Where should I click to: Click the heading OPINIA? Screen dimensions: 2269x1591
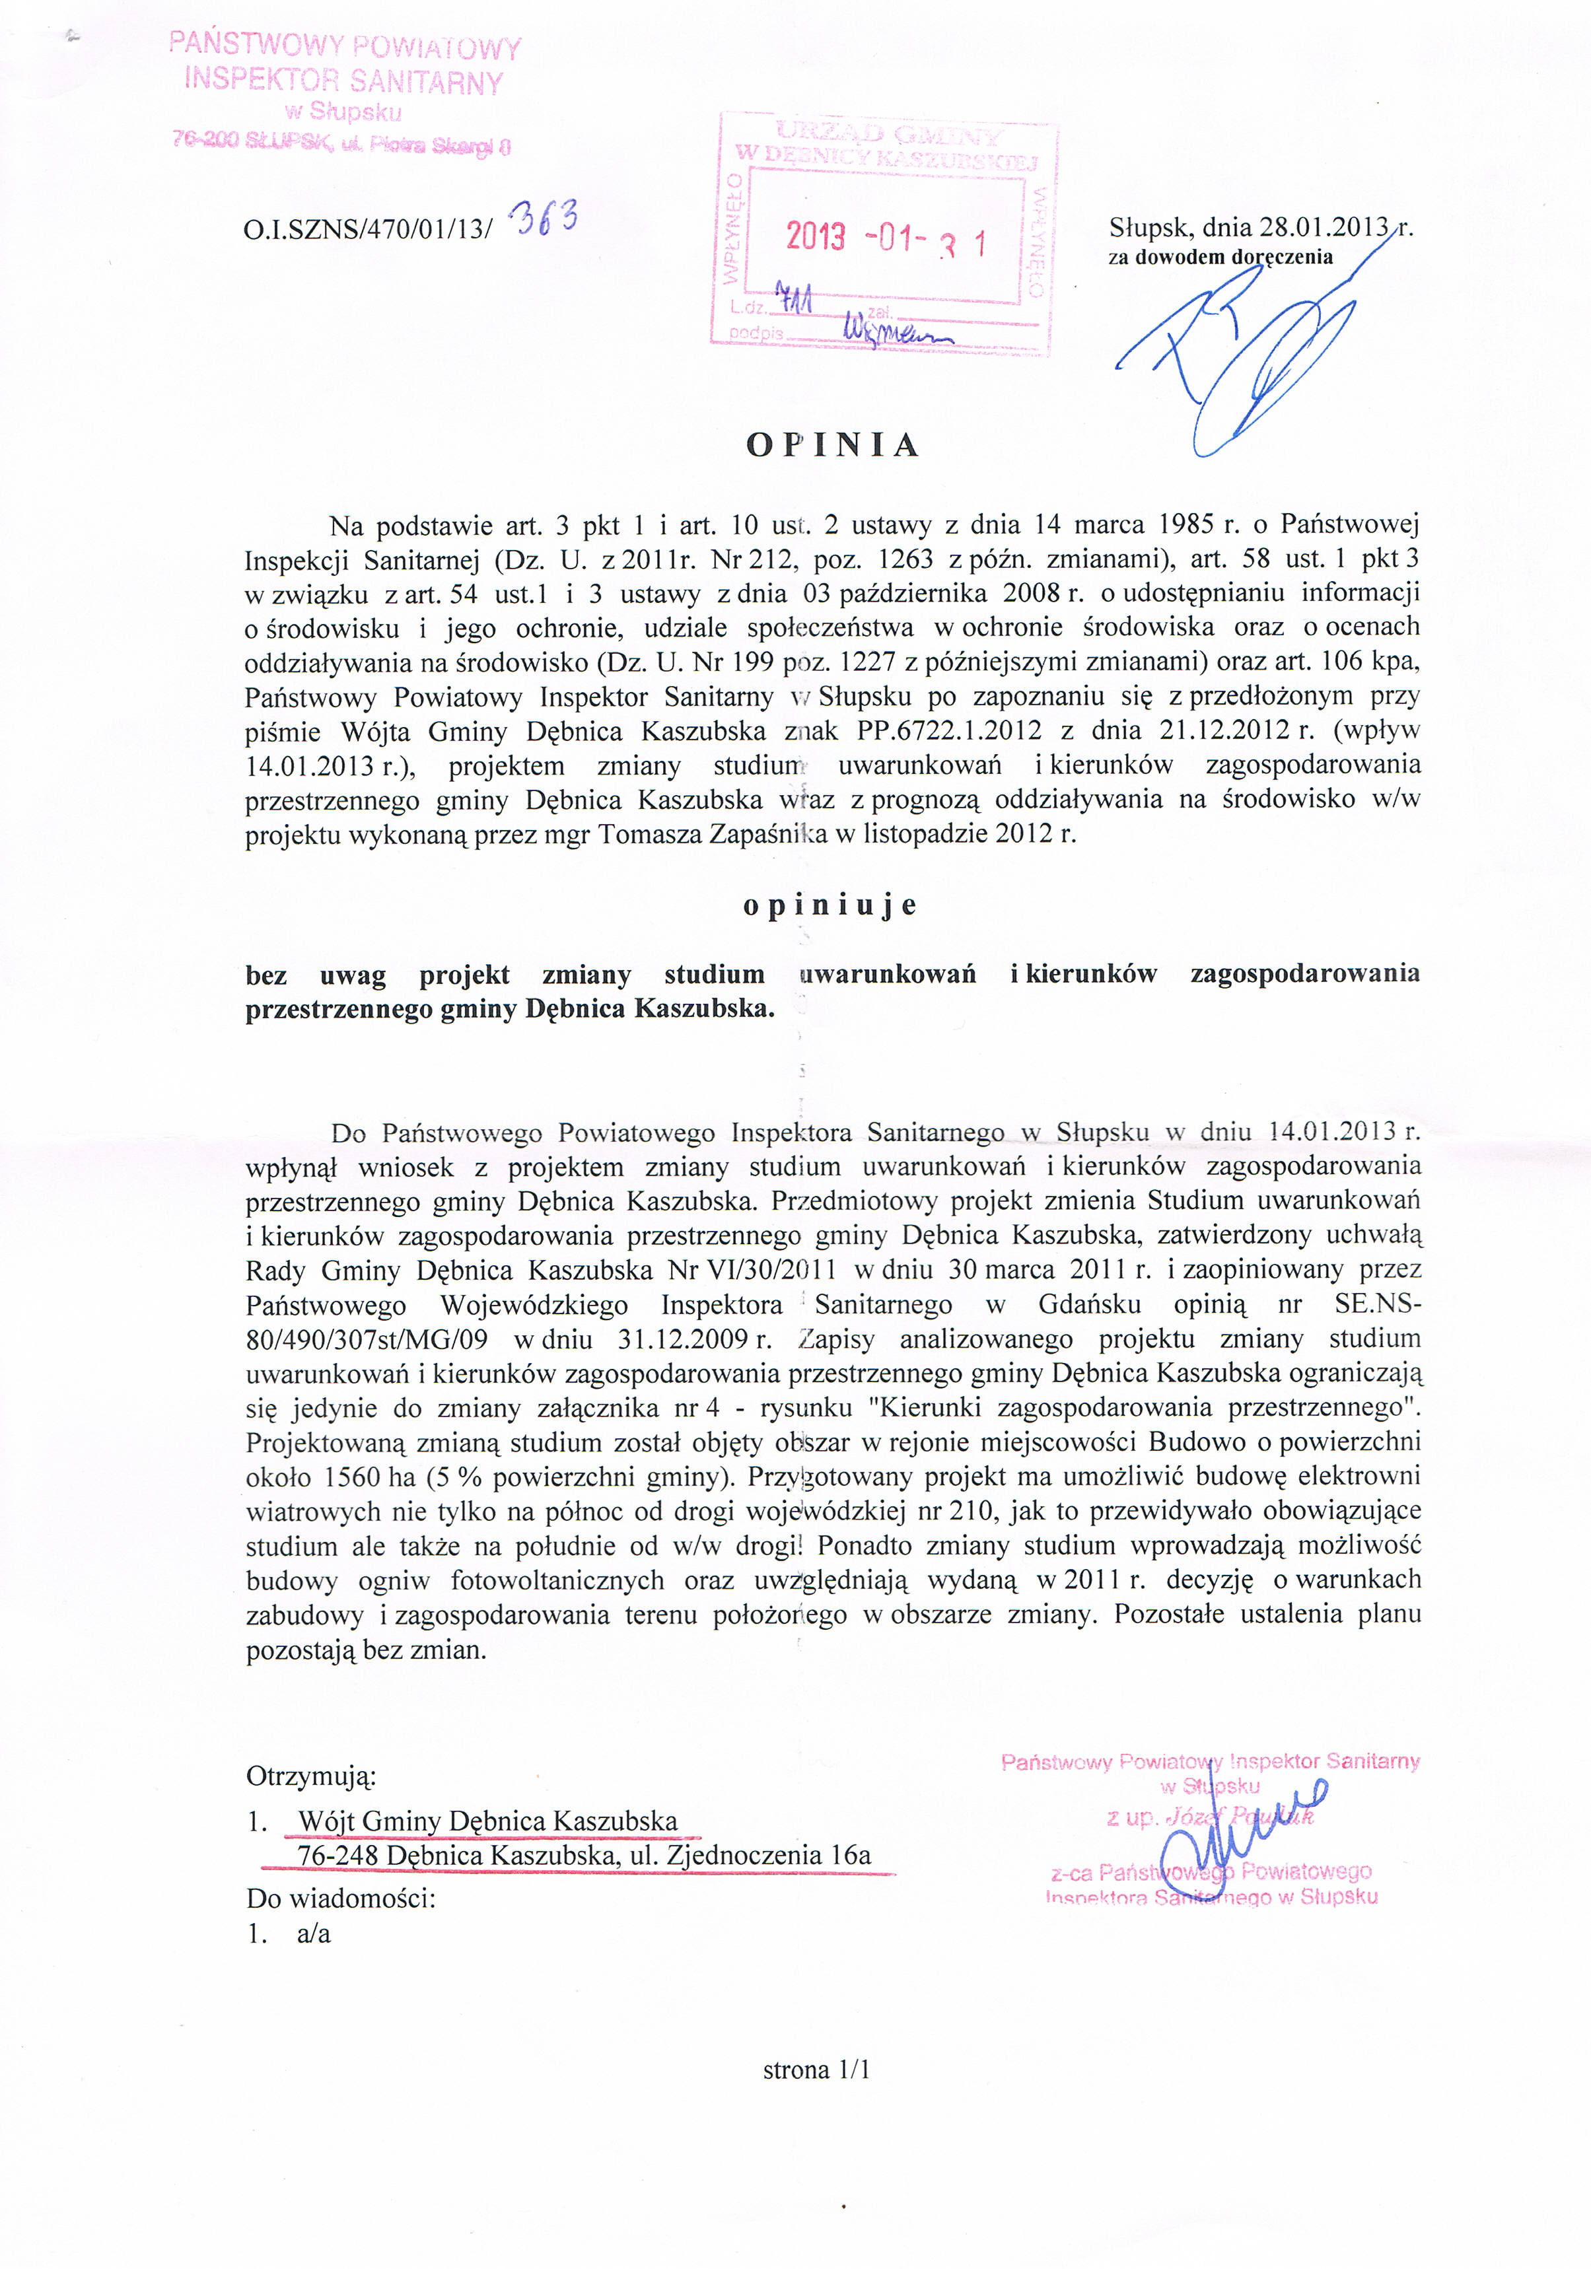[832, 446]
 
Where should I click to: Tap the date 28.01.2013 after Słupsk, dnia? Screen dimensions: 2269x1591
[1324, 227]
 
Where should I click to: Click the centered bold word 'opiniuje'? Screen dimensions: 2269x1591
[830, 905]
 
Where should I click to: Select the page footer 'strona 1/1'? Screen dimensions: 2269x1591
[816, 2070]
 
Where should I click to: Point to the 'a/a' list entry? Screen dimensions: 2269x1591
[313, 1934]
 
